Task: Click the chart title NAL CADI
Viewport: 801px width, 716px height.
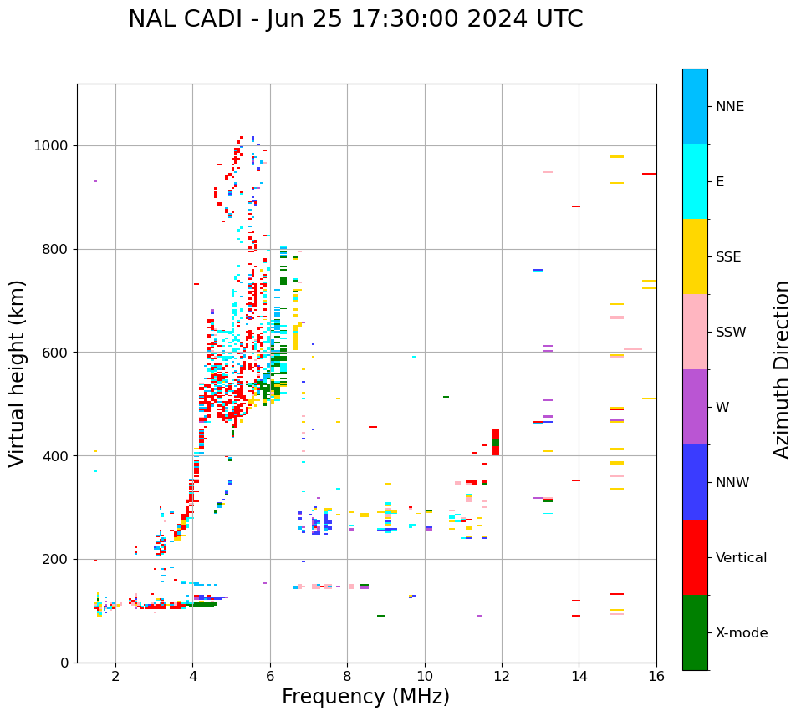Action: (x=355, y=19)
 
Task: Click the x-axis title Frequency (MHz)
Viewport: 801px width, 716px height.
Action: (x=365, y=697)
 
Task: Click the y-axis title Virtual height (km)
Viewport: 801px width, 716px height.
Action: (x=18, y=373)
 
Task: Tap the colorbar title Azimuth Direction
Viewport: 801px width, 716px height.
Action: (x=782, y=369)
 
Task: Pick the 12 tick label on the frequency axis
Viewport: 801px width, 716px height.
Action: (x=502, y=676)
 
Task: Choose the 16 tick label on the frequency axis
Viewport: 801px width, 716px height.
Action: (x=656, y=676)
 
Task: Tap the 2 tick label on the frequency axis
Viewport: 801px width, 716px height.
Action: (x=115, y=676)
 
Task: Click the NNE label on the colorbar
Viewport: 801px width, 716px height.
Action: (x=729, y=107)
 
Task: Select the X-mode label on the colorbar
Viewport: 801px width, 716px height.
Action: (x=741, y=633)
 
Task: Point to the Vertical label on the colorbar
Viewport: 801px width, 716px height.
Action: (x=741, y=558)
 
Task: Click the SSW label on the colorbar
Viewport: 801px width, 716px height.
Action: (x=731, y=333)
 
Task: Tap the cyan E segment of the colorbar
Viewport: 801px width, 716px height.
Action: (x=695, y=181)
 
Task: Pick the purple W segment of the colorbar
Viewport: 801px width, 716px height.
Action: (x=695, y=407)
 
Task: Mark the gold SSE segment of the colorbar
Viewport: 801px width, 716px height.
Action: (x=695, y=256)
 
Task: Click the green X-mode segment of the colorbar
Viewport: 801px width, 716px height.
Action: (x=695, y=632)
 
